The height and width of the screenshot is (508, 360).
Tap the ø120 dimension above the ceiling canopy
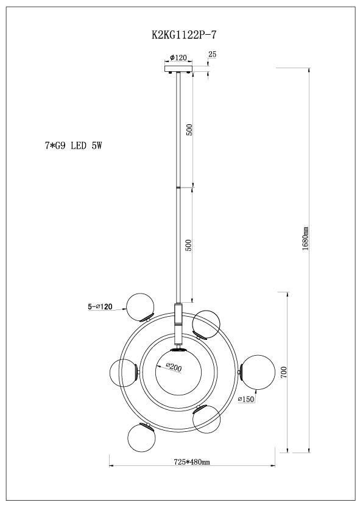[x=178, y=57]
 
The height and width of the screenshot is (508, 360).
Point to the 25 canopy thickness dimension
[x=212, y=55]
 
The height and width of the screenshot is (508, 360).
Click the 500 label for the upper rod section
[x=189, y=130]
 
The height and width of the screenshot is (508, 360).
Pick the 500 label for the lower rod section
[x=189, y=245]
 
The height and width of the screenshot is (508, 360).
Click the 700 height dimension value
[x=284, y=373]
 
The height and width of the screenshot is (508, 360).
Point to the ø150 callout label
[x=245, y=399]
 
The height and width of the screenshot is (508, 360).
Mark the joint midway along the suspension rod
[x=178, y=187]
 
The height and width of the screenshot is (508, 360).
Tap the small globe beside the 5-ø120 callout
[x=140, y=306]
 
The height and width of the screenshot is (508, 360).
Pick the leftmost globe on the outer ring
[x=124, y=372]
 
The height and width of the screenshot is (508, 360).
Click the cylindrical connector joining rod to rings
[x=178, y=315]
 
